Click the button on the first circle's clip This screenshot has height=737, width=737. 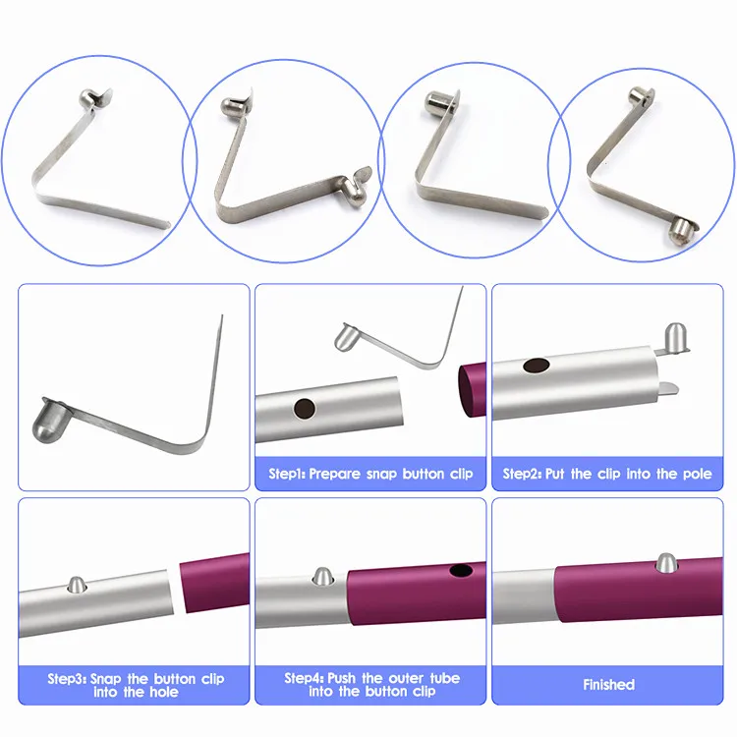(87, 97)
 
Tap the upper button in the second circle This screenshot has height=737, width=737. (232, 105)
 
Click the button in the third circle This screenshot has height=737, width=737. (436, 102)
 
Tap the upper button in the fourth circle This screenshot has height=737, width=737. (639, 96)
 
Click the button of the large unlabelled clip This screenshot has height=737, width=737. (47, 422)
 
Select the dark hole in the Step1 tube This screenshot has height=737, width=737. (304, 409)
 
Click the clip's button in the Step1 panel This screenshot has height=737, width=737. (346, 336)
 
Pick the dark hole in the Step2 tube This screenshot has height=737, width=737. (537, 366)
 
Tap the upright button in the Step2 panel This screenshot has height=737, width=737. (675, 337)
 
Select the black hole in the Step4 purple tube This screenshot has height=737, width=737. (461, 571)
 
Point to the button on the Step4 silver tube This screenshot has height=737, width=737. (323, 576)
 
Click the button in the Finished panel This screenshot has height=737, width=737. (666, 563)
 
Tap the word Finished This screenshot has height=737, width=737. (608, 684)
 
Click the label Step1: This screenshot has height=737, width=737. (287, 474)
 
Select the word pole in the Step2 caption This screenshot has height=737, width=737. (698, 474)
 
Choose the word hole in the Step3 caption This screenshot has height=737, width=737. (163, 692)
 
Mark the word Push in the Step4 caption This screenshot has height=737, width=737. (343, 678)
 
